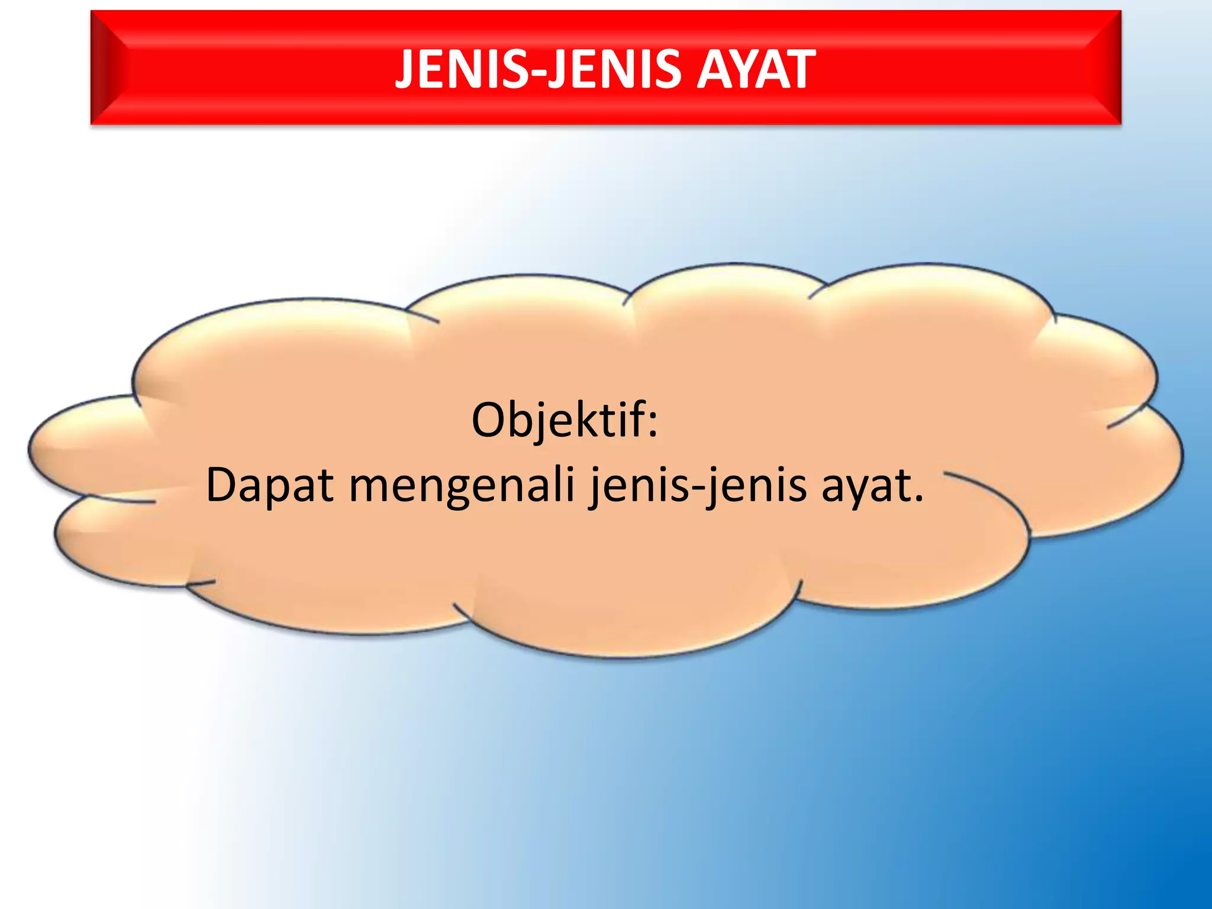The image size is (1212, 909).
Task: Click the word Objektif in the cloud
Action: [559, 421]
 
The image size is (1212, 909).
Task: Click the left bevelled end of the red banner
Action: [109, 67]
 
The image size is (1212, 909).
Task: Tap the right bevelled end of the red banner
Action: [1104, 67]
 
